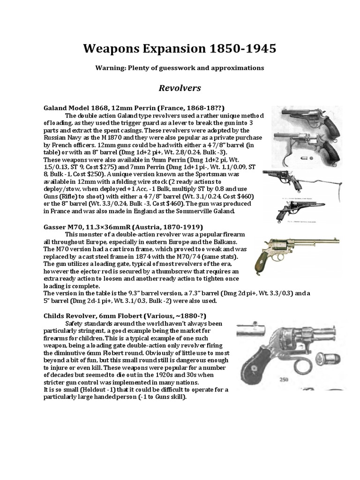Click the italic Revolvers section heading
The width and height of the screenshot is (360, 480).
click(180, 88)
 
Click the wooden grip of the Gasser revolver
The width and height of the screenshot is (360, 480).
click(262, 265)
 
